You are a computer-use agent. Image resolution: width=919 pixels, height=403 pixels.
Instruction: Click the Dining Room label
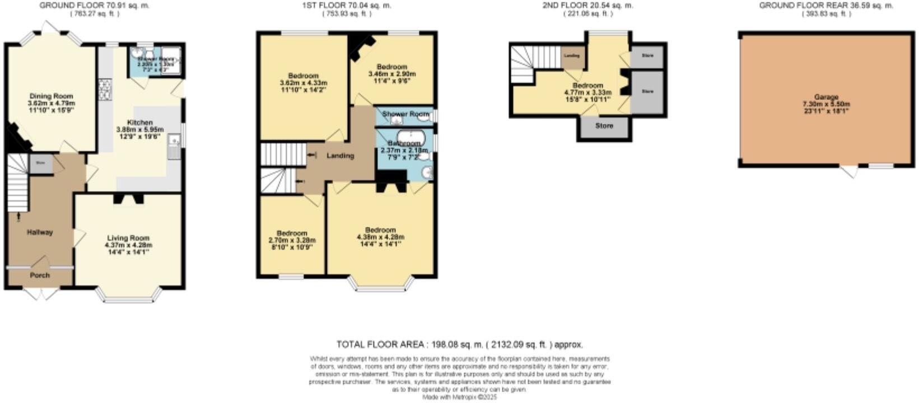[51, 96]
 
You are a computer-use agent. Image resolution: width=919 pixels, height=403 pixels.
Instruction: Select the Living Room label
[128, 238]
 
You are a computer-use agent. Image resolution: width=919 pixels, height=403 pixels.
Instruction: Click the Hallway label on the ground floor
[40, 232]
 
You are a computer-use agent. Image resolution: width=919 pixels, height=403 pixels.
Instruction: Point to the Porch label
[40, 275]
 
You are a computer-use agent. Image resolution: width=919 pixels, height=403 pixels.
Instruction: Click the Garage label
[826, 97]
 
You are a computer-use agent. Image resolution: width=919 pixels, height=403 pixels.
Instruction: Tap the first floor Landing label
[340, 156]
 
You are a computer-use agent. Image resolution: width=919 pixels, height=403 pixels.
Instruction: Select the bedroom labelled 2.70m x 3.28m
[292, 233]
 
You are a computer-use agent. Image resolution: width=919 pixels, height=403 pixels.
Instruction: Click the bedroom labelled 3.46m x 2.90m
[392, 67]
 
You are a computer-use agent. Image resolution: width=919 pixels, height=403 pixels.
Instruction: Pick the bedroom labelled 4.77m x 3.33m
[587, 86]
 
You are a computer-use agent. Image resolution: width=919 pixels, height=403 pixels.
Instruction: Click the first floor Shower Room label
[405, 114]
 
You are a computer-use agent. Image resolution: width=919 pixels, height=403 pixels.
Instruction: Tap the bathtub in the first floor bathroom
[410, 136]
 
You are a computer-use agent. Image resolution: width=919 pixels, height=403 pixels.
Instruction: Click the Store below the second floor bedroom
[604, 126]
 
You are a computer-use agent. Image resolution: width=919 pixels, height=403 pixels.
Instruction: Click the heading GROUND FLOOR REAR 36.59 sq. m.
[826, 5]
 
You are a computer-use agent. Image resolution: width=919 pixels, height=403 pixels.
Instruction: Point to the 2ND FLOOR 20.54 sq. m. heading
[587, 5]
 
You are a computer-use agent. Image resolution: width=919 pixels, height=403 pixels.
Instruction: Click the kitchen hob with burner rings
[105, 87]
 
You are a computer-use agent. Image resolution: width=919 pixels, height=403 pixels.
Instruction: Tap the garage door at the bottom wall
[851, 170]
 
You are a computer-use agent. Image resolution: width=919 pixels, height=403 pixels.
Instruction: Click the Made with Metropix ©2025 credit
[459, 397]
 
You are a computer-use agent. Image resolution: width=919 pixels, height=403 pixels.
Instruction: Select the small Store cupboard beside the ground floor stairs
[41, 163]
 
